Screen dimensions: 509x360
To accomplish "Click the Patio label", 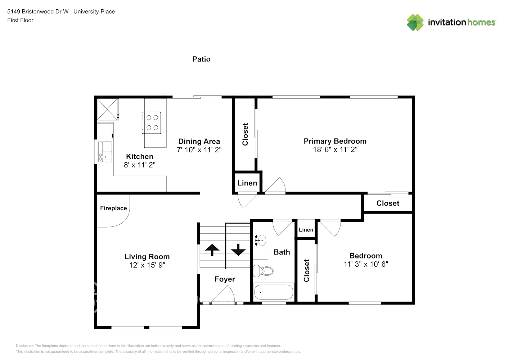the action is tap(201, 59).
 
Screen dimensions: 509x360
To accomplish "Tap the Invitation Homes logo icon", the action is tap(415, 22).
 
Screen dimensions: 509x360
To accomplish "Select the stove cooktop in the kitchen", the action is tap(151, 123).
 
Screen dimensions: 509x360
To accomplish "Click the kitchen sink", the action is tap(105, 152).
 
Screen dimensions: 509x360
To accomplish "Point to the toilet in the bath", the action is tap(263, 271).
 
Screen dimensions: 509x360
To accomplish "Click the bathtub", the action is tap(274, 292).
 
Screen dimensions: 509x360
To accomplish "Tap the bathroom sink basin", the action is tap(262, 240).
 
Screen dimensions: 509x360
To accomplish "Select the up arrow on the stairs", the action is tap(212, 250).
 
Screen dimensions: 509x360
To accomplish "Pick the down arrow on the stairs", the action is tap(238, 250).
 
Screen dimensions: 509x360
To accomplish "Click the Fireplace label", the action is tap(113, 208).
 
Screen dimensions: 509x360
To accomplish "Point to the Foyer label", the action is tap(225, 279).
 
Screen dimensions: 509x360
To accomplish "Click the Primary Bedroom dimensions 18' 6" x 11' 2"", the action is tap(335, 149).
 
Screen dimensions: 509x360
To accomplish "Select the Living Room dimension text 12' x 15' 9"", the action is tap(147, 265).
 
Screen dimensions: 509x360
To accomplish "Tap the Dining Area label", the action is tap(199, 141).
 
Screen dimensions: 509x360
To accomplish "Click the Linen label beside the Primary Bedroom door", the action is tap(247, 183).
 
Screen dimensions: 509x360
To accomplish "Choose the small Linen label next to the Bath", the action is tap(306, 230).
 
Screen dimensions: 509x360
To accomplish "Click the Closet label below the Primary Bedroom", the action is tap(388, 203).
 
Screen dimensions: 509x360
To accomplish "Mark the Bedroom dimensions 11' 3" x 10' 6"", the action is tap(366, 264).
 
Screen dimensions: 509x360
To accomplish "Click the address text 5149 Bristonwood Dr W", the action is tap(38, 12).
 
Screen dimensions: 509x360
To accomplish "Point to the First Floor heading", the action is tap(20, 20).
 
